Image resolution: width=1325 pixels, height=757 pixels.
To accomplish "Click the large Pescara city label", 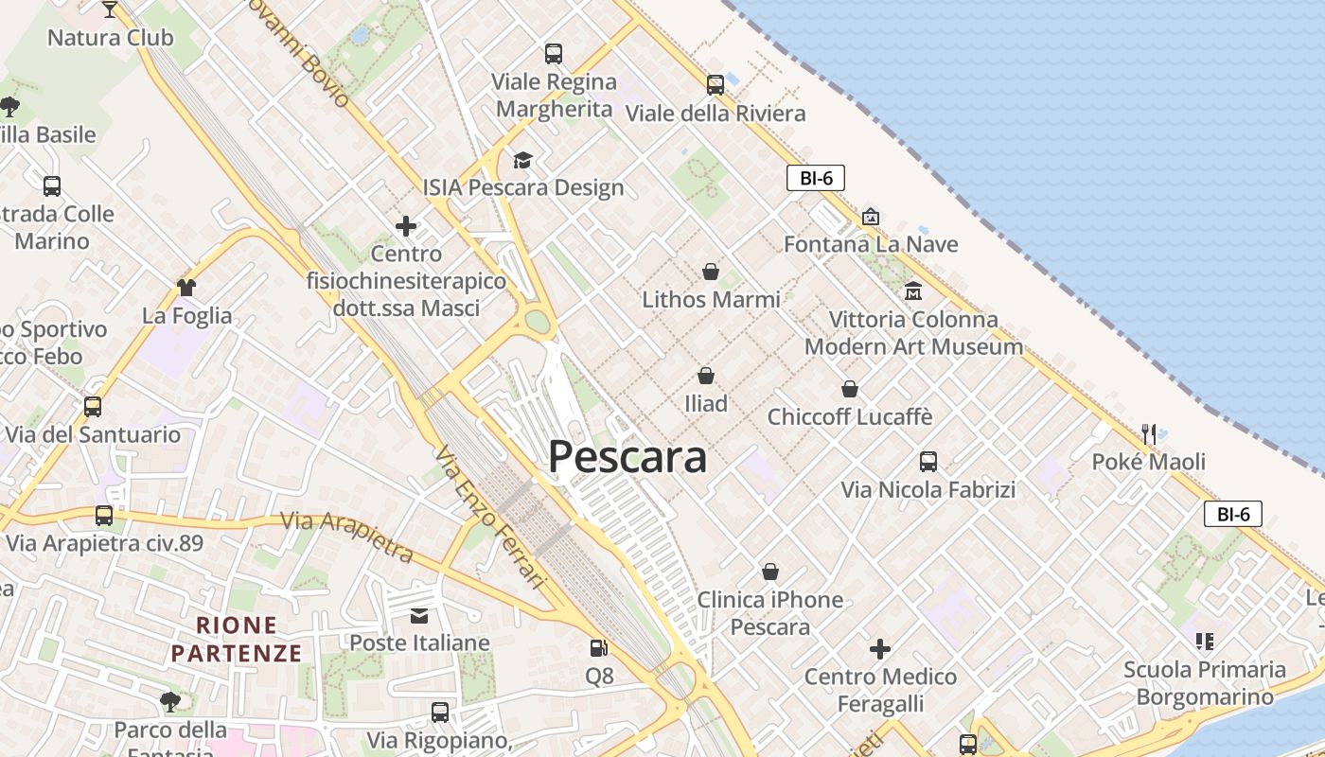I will click(x=627, y=457).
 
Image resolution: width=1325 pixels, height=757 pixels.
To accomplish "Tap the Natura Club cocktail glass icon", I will click(x=110, y=9).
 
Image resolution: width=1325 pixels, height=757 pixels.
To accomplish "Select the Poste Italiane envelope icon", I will click(x=419, y=616).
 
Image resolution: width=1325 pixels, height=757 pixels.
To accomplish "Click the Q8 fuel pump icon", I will click(x=599, y=648).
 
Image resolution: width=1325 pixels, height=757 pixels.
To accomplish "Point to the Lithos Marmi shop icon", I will click(x=711, y=273).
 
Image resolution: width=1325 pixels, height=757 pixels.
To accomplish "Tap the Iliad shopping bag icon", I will click(x=706, y=376).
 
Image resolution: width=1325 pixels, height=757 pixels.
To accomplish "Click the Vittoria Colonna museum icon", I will click(x=913, y=290).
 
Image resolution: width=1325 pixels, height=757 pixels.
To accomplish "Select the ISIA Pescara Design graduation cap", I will click(x=522, y=160).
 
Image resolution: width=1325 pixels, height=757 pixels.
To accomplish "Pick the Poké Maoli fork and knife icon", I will click(x=1149, y=434).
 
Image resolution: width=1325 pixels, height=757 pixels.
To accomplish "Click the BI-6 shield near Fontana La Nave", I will click(x=815, y=178).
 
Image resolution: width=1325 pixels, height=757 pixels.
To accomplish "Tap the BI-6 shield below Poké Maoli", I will click(x=1233, y=515).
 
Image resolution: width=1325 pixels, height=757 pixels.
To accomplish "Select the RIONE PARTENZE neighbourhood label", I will click(x=237, y=639).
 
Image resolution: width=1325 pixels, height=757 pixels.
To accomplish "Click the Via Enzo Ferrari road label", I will click(x=492, y=517).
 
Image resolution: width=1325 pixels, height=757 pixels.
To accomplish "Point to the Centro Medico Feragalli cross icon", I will click(x=880, y=649).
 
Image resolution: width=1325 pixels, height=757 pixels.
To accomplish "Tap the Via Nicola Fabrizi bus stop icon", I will click(x=928, y=462).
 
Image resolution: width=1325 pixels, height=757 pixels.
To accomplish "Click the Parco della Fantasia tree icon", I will click(x=170, y=701).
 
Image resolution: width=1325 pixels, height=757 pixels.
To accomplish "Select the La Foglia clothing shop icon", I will click(x=186, y=287).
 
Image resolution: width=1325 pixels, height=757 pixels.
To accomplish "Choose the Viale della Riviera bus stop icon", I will click(x=715, y=85).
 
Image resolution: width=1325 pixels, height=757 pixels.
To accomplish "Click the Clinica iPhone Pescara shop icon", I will click(x=770, y=572).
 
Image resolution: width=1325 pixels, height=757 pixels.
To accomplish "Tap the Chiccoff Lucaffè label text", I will click(x=850, y=416).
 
